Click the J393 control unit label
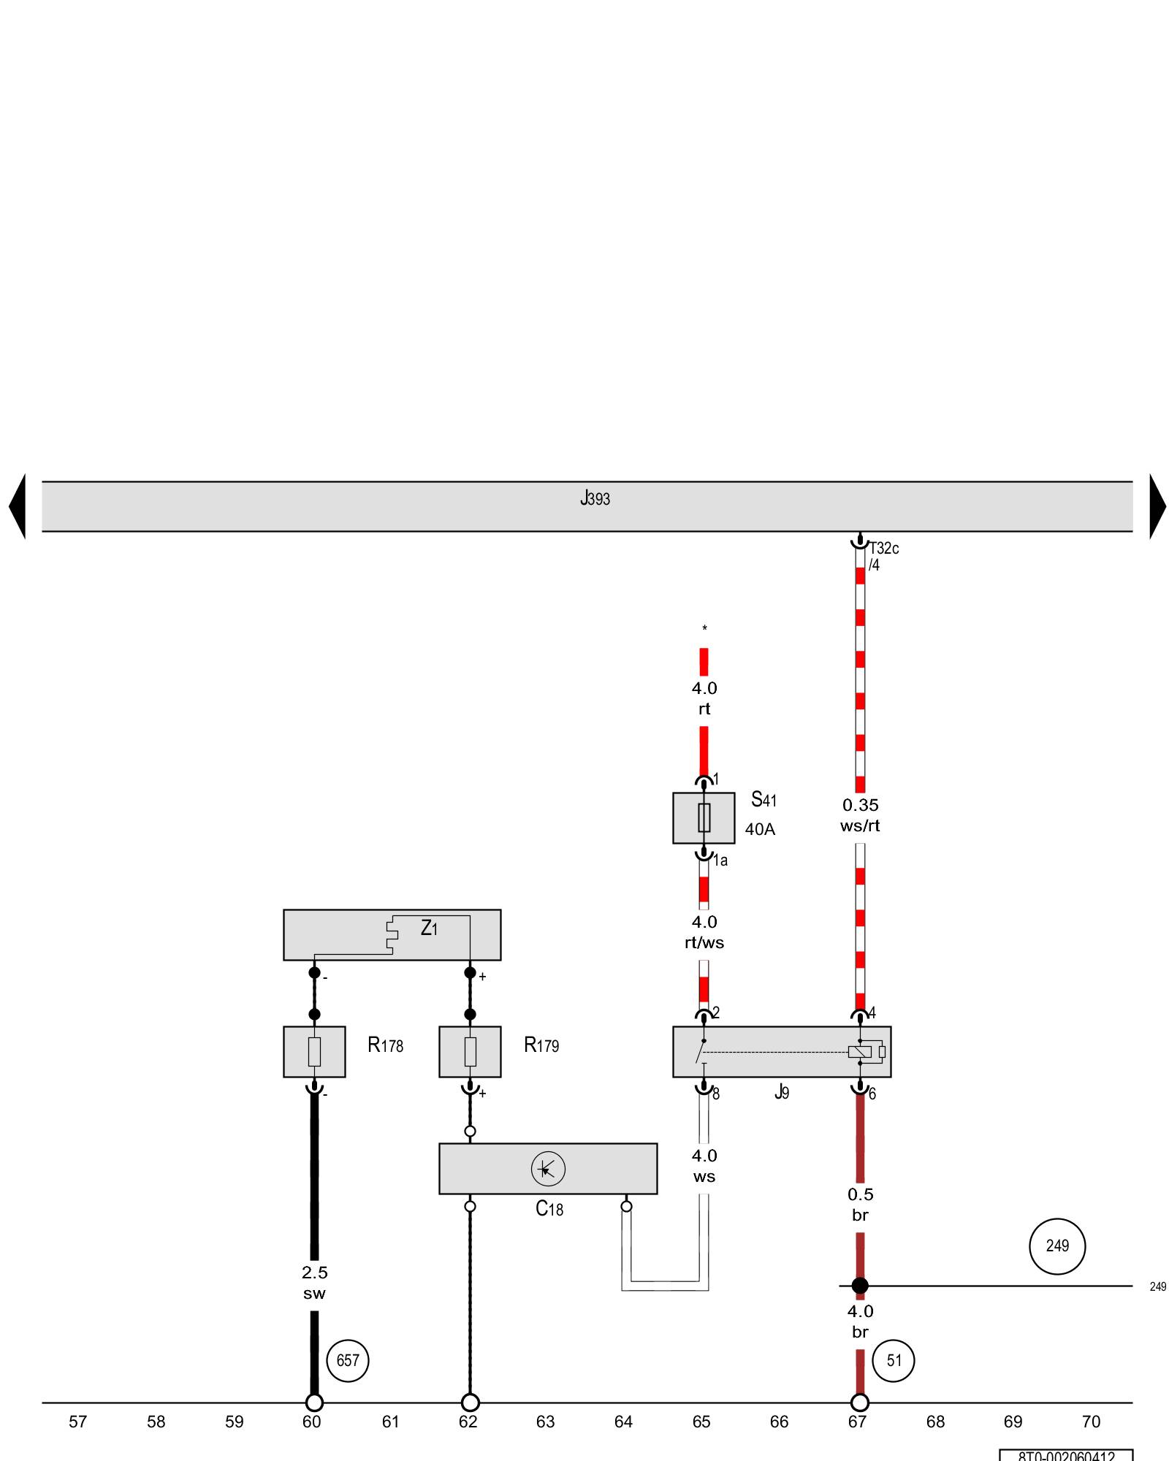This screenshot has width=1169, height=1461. tap(595, 499)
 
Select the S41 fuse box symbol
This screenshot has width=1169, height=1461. tap(704, 817)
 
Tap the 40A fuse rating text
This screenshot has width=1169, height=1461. tap(760, 829)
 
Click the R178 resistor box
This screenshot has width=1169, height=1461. tap(314, 1051)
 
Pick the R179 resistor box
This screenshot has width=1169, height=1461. tap(470, 1051)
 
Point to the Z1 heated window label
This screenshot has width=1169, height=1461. tap(429, 928)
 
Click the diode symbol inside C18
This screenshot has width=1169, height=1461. tap(548, 1169)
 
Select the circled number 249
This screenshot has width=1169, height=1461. tap(1057, 1246)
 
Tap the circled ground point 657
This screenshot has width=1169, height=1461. tap(348, 1361)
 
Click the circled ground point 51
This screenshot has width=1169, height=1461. tap(894, 1361)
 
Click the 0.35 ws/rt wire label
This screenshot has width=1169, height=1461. tap(860, 815)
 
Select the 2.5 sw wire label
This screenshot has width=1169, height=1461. tap(314, 1283)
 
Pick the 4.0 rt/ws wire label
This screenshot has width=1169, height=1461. tap(704, 932)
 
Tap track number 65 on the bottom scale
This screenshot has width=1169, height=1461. tap(701, 1422)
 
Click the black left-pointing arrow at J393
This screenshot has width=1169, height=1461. tap(18, 506)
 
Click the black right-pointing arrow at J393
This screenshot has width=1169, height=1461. tap(1157, 506)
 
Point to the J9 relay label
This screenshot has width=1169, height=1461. tap(782, 1093)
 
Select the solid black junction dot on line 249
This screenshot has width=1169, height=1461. tap(860, 1286)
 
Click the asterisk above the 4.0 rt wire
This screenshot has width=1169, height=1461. tap(704, 628)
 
